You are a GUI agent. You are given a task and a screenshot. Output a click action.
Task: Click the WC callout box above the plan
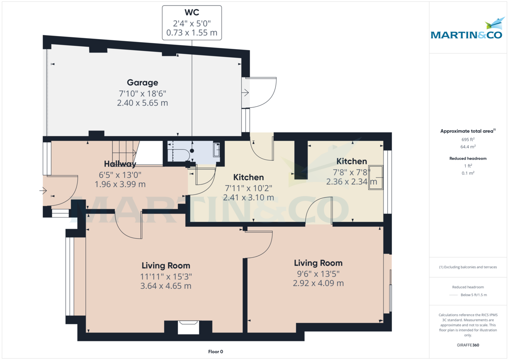click(x=192, y=23)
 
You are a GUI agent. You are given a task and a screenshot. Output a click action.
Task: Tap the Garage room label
click(x=143, y=83)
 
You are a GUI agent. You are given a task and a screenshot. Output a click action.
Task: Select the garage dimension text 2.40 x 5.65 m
click(x=143, y=103)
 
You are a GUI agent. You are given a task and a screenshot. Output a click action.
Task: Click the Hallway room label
click(x=120, y=164)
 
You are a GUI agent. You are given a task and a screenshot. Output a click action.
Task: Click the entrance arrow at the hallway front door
click(x=43, y=191)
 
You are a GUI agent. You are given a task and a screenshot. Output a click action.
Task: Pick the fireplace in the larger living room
click(x=188, y=327)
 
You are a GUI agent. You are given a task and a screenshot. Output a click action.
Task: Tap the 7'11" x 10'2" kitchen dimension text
click(x=249, y=188)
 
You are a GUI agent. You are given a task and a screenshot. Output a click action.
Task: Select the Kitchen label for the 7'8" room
click(x=352, y=161)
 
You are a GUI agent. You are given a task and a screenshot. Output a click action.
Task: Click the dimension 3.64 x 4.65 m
click(x=166, y=286)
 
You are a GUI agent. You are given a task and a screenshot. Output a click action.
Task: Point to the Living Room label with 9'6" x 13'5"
click(x=318, y=263)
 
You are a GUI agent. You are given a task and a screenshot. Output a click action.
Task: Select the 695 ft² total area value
click(x=468, y=139)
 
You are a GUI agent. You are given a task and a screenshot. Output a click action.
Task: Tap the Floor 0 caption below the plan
click(x=215, y=352)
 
